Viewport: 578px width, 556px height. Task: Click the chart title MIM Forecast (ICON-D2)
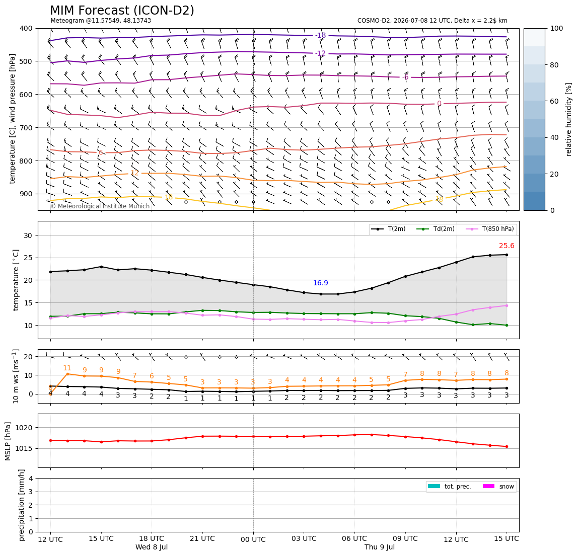122,11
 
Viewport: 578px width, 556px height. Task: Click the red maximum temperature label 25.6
507,246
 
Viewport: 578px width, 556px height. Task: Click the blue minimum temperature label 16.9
321,283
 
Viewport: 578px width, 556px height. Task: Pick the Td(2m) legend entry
436,229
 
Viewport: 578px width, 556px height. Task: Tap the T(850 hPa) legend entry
490,229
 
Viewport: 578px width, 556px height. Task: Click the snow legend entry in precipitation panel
498,487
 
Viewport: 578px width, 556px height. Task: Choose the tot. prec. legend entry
449,487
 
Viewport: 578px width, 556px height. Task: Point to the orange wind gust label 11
67,368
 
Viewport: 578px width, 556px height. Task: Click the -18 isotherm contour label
321,35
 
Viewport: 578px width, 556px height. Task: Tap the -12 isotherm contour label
321,53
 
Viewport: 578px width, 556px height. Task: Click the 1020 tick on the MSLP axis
25,428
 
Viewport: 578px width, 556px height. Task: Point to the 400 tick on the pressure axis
27,28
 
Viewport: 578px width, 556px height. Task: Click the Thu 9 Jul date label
380,547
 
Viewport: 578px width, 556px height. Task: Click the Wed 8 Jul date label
152,547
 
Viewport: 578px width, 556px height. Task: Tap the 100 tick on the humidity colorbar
557,28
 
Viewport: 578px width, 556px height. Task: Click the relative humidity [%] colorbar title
569,119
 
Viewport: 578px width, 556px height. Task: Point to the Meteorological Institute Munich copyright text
100,206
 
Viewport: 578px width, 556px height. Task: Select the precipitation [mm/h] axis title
22,505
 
